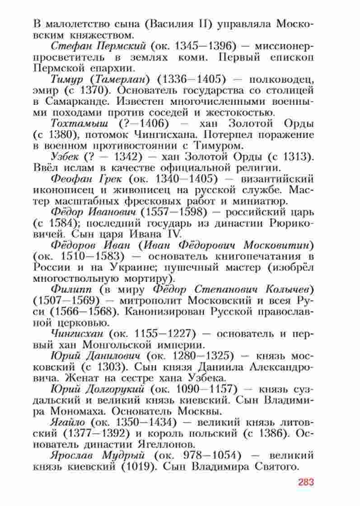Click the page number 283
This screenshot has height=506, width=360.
pyautogui.click(x=306, y=483)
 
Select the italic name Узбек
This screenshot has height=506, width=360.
pyautogui.click(x=66, y=156)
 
